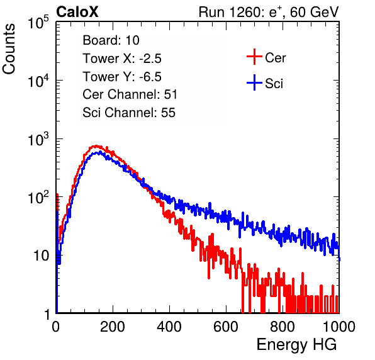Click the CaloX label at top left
click(x=77, y=12)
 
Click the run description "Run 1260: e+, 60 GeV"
click(x=269, y=12)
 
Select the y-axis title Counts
click(x=9, y=49)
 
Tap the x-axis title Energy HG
click(x=296, y=345)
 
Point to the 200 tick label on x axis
click(x=113, y=327)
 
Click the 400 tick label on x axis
click(x=169, y=327)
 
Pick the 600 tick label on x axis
click(x=226, y=327)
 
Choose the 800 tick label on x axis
click(x=283, y=327)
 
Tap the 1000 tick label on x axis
click(x=339, y=327)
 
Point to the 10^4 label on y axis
click(x=38, y=81)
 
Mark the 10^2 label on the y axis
click(x=38, y=197)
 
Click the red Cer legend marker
click(x=254, y=57)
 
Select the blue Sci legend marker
click(x=254, y=82)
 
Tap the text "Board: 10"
click(x=111, y=40)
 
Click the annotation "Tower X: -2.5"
click(x=122, y=59)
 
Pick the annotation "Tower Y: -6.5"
click(x=122, y=77)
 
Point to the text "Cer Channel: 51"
click(x=130, y=94)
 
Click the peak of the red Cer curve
click(x=96, y=145)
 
